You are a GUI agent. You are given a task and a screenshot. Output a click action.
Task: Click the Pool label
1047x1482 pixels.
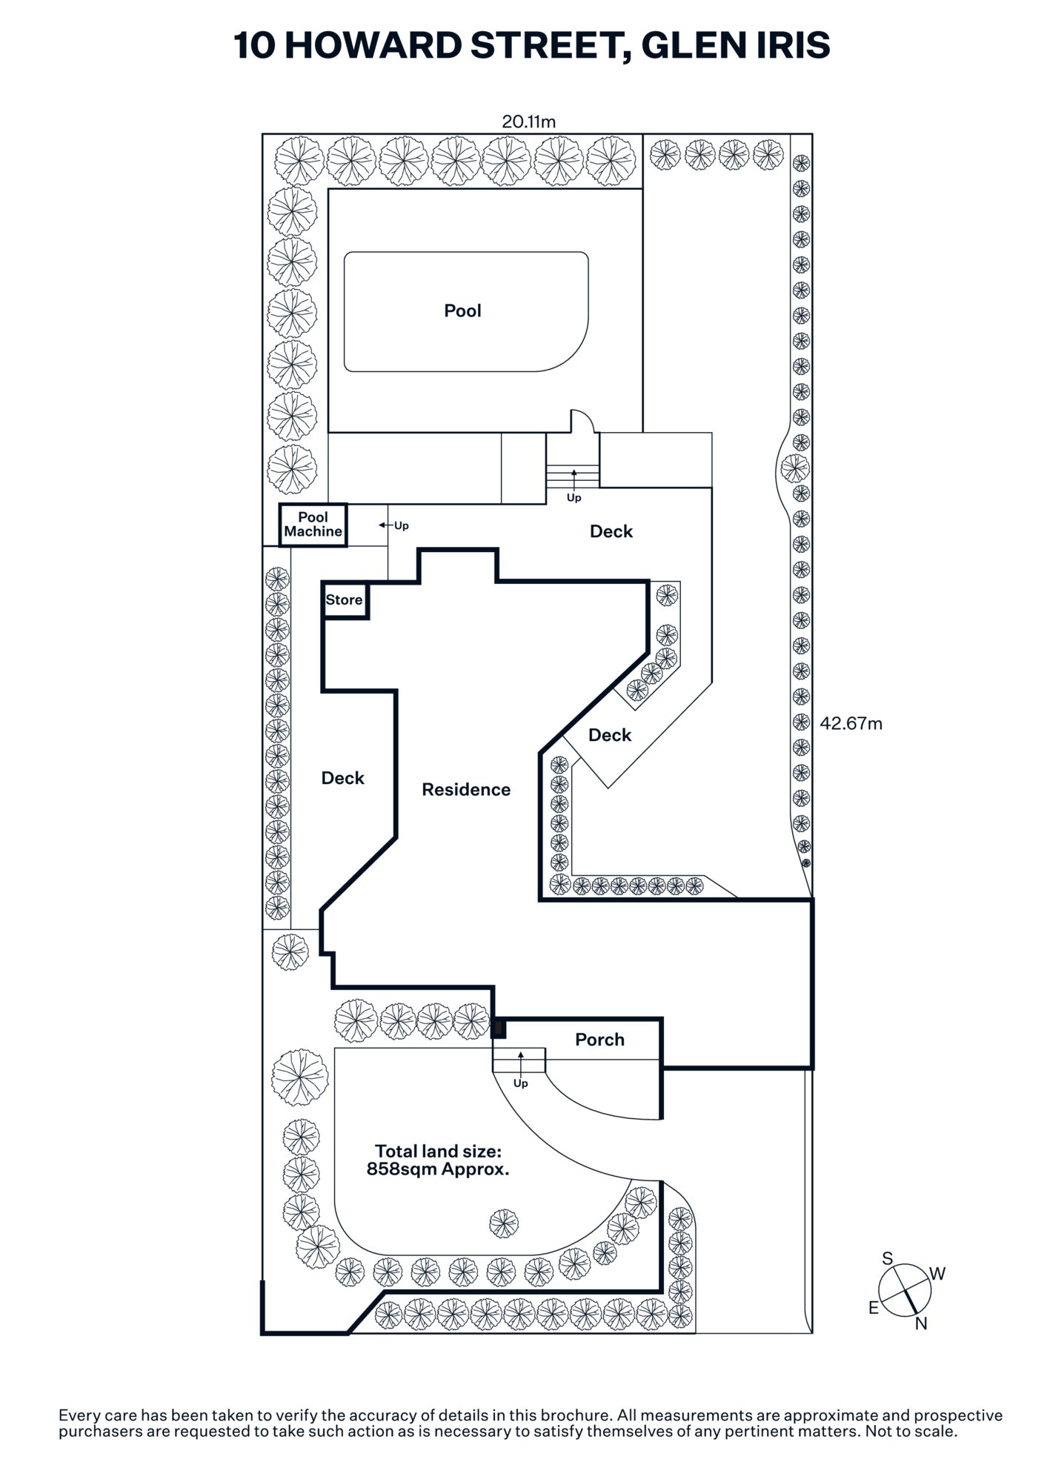462,311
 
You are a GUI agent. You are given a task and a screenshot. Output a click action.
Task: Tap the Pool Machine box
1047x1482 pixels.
313,525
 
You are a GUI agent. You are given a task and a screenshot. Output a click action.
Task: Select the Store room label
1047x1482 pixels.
345,600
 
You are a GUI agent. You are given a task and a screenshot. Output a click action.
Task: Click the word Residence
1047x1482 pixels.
466,790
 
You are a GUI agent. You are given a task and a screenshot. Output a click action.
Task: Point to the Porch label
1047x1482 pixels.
599,1040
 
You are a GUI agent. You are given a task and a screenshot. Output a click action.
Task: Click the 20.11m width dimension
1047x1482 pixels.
528,122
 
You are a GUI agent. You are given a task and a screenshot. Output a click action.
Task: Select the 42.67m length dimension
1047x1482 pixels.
851,724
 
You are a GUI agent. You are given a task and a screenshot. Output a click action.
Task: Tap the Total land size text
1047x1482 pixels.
439,1160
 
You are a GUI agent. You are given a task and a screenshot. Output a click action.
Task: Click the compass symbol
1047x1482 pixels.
905,1291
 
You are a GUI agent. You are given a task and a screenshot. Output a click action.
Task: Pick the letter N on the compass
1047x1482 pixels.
921,1323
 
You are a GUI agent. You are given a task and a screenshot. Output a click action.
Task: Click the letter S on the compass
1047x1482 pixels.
888,1258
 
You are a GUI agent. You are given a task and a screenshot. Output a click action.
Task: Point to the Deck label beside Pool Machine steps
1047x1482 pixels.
611,531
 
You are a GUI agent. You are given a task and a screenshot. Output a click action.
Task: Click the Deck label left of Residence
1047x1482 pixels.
343,778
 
